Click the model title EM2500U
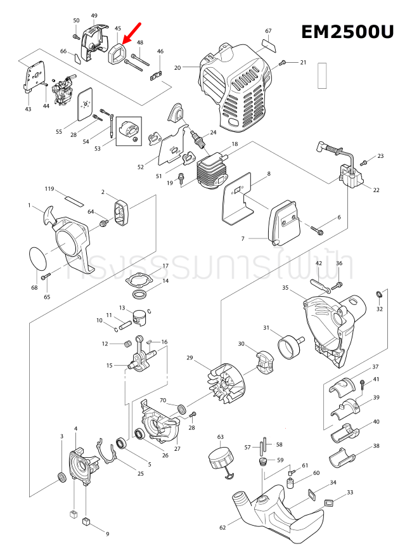[x=347, y=32]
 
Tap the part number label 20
[x=177, y=67]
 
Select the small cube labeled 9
[x=85, y=521]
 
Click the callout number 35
[x=286, y=288]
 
